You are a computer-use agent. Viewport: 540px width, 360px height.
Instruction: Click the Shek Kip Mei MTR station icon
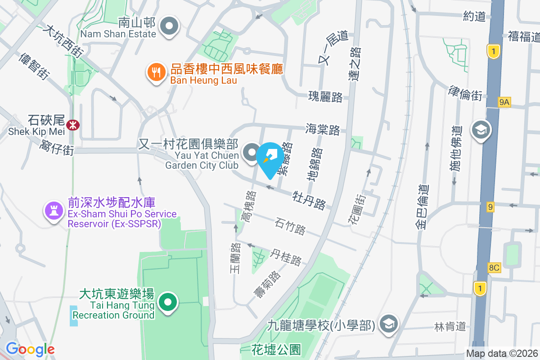pyautogui.click(x=72, y=125)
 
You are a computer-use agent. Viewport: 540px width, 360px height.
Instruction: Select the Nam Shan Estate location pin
pyautogui.click(x=170, y=26)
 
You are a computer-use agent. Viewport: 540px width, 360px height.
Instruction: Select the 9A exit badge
pyautogui.click(x=504, y=103)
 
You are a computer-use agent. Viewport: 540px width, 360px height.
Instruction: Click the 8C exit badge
pyautogui.click(x=494, y=268)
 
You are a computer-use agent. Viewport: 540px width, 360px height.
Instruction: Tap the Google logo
pyautogui.click(x=30, y=349)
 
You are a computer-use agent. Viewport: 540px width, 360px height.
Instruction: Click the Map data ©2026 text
pyautogui.click(x=501, y=353)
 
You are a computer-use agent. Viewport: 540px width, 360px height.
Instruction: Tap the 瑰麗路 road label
pyautogui.click(x=325, y=96)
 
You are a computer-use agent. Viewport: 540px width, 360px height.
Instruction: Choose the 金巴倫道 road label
pyautogui.click(x=423, y=207)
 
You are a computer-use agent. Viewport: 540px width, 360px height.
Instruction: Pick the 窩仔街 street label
pyautogui.click(x=57, y=147)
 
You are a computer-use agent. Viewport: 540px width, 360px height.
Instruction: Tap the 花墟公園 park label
pyautogui.click(x=276, y=349)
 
